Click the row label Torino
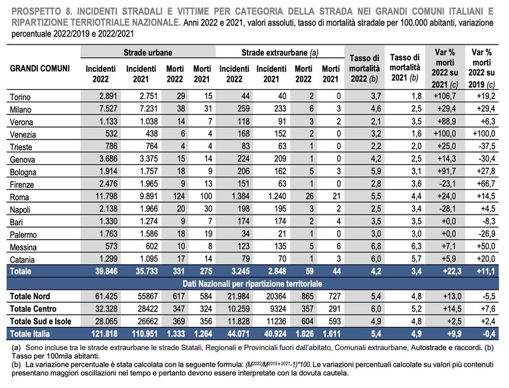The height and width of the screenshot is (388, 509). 20,97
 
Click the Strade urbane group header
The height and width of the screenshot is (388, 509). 148,52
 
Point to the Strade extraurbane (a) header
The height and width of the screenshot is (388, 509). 280,52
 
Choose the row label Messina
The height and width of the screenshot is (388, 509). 23,247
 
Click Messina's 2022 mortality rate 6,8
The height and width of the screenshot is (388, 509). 376,246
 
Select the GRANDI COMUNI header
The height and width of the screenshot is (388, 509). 40,68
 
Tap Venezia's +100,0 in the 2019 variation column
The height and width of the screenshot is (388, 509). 484,134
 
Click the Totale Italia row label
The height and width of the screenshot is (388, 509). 30,334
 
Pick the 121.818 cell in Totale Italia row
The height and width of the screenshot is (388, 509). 104,334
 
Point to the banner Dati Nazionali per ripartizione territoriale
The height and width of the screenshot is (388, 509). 252,284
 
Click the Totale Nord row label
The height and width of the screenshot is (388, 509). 30,296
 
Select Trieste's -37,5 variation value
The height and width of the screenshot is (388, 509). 487,146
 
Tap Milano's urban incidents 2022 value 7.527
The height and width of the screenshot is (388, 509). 108,108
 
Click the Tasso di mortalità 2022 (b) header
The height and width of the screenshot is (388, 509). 364,68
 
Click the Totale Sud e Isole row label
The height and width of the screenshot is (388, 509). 40,322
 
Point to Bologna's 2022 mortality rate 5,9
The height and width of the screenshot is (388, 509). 376,171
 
